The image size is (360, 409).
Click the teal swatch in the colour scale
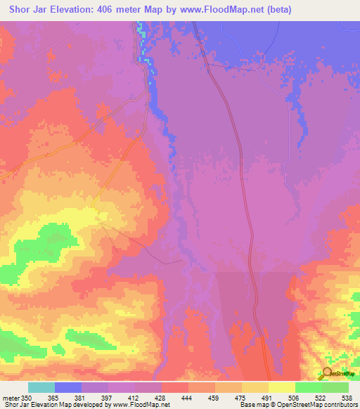coord(41,387)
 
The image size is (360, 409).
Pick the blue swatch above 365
coord(68,387)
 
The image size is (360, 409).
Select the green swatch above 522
coord(335,387)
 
